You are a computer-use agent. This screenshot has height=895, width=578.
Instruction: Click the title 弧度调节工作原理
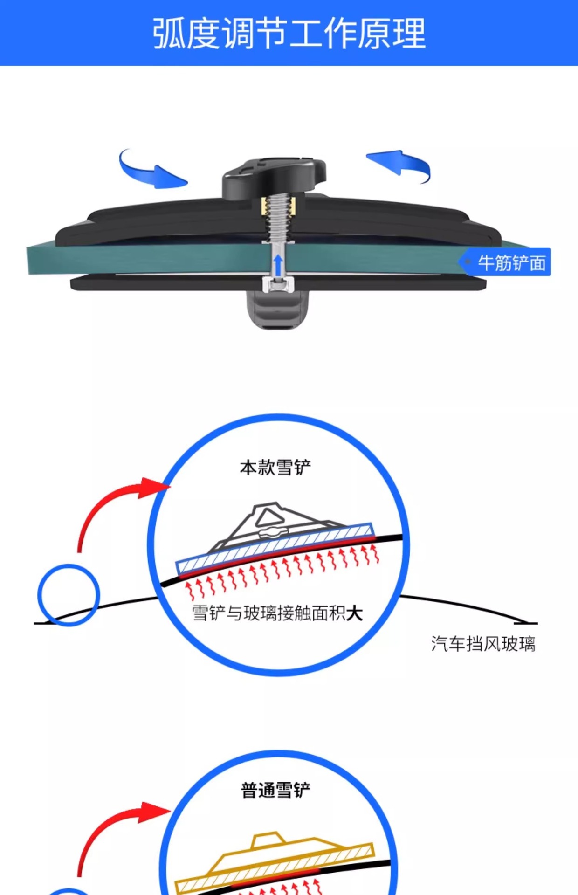(289, 34)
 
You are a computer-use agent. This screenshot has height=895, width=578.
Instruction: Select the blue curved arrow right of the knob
(401, 164)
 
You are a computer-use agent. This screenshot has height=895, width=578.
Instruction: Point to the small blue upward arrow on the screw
(278, 265)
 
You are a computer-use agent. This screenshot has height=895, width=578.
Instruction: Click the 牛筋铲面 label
(511, 263)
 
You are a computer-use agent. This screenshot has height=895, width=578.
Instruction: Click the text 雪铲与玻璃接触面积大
(277, 613)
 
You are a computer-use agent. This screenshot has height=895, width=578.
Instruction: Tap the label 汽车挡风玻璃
(483, 644)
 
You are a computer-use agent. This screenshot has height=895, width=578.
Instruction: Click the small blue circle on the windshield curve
(69, 595)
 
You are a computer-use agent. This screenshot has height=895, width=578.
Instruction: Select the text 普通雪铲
(275, 790)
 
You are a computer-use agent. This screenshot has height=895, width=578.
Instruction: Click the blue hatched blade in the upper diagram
(275, 548)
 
